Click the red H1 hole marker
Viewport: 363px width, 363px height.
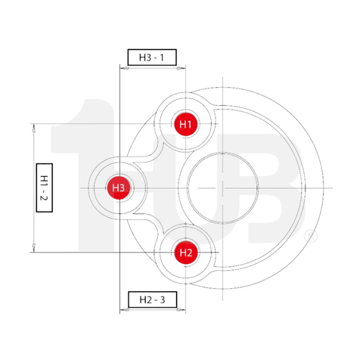[186, 123]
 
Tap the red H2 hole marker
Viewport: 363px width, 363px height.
[186, 252]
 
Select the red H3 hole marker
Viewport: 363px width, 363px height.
[118, 188]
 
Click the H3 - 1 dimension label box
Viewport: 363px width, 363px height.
[152, 57]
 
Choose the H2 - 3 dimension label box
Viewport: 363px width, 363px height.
[152, 299]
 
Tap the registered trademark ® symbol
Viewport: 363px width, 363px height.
[309, 237]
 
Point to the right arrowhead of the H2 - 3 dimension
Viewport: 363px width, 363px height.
[180, 311]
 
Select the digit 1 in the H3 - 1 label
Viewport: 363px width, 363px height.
[170, 57]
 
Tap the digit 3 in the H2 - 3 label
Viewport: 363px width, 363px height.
[171, 299]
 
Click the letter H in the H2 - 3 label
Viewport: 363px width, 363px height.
[135, 299]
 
